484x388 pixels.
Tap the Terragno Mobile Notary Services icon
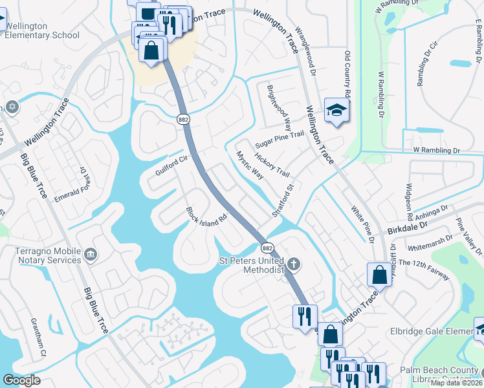90,253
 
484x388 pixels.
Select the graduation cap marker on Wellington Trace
336,111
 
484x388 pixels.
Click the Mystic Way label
250,166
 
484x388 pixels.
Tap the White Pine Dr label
363,224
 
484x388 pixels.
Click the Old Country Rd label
347,75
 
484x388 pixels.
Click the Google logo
21,380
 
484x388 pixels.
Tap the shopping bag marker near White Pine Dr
379,275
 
